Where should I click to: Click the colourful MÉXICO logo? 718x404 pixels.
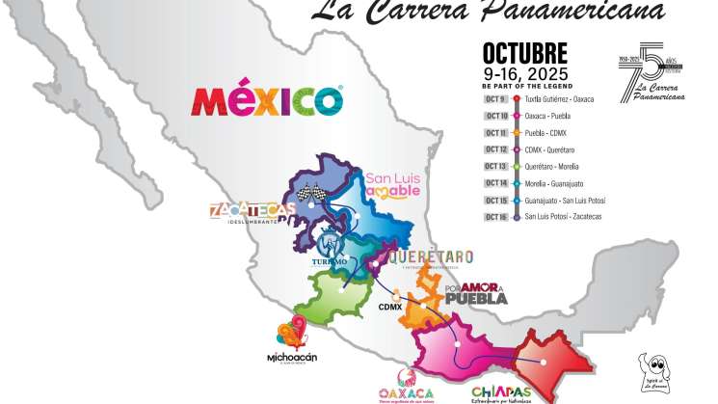point(268,99)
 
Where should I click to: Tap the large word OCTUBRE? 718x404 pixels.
point(524,53)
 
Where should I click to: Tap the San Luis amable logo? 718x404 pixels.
point(393,183)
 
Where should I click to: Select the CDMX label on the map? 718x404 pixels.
point(389,307)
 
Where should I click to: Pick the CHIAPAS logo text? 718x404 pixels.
point(500,391)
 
